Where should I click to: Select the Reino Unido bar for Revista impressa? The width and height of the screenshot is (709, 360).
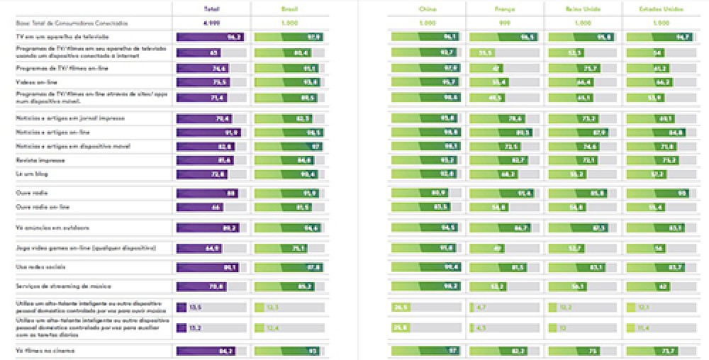(x=576, y=160)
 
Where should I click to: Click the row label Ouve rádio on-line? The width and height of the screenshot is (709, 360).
(x=42, y=207)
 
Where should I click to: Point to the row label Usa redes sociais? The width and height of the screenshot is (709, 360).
(x=42, y=267)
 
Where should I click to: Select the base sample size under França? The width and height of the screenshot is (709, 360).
(x=504, y=23)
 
